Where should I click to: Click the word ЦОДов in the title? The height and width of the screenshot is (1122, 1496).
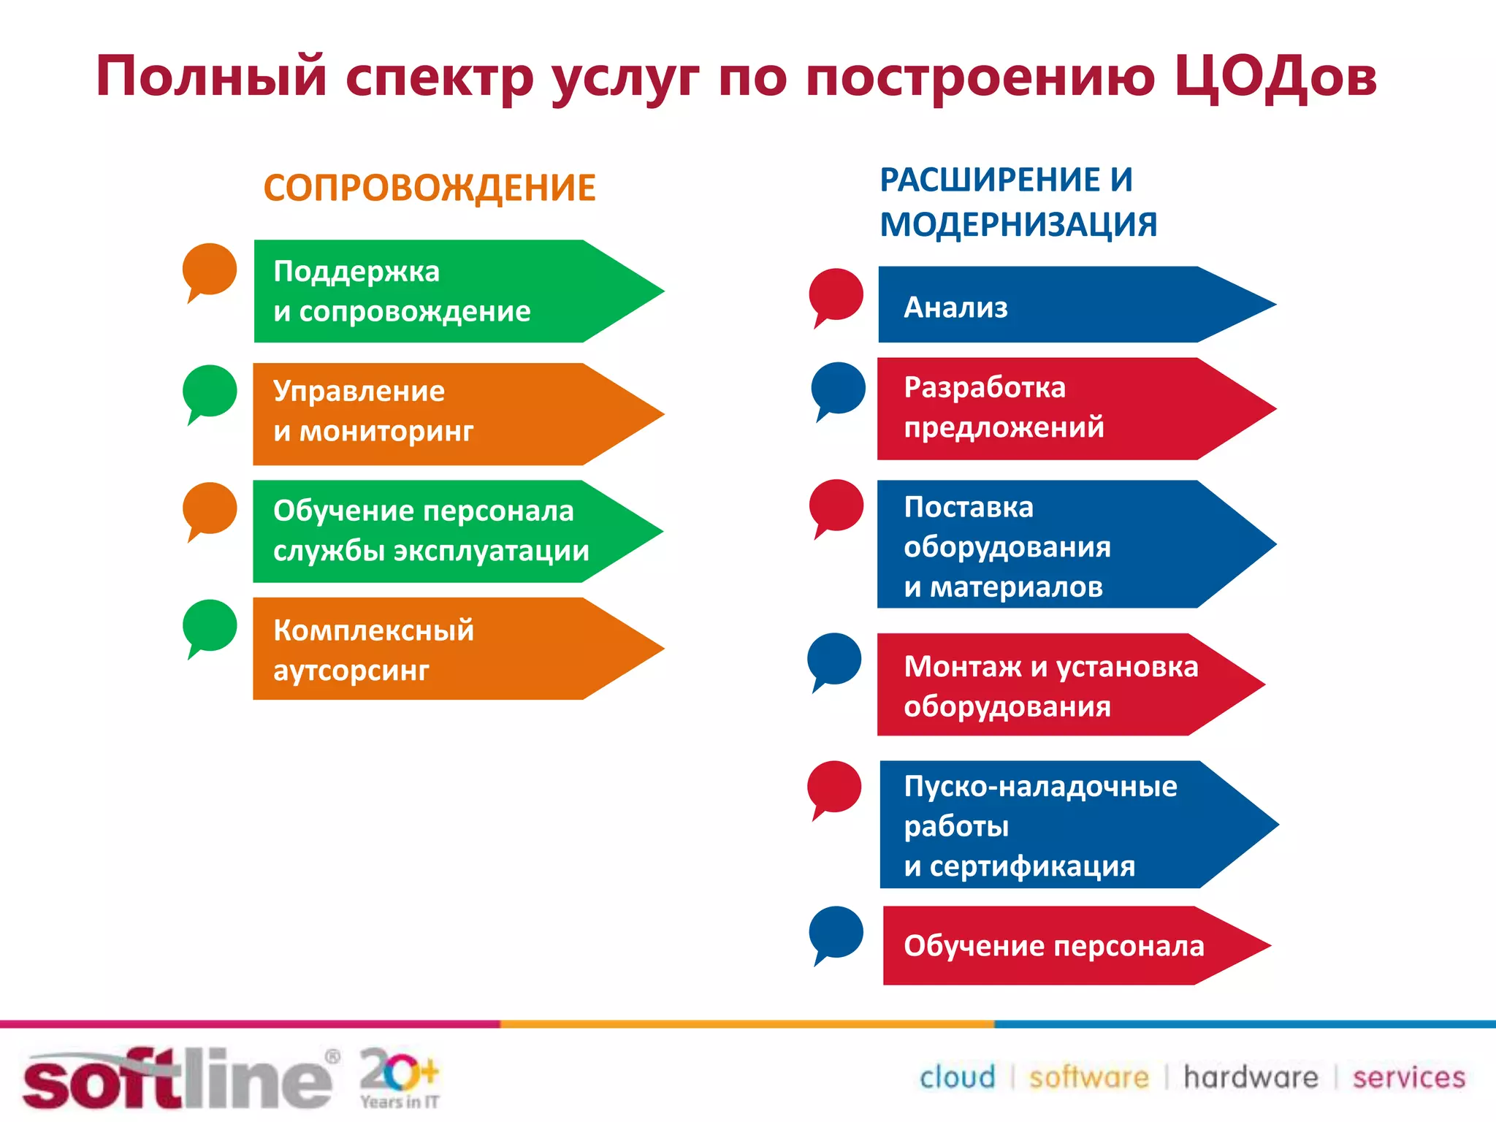point(1275,77)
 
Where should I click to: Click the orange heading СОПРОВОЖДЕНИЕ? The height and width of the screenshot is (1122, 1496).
point(430,188)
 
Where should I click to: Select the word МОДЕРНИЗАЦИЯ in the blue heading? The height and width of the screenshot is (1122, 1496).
point(1018,224)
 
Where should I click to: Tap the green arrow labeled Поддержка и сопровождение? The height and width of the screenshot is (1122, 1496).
point(438,291)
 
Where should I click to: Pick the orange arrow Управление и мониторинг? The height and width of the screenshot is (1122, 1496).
point(438,413)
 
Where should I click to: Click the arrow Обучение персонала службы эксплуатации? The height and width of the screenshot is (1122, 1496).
point(438,531)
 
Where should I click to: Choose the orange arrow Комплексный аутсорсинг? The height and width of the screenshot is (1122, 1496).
point(438,649)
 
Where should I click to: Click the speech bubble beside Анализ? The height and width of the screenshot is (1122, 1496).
point(836,295)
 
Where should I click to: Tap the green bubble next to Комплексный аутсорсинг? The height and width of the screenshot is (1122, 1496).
point(210,626)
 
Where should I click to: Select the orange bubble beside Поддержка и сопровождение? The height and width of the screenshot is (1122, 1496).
point(210,270)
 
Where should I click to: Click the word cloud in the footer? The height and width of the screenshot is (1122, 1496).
point(957,1077)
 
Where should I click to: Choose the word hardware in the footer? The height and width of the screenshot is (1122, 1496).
point(1251,1077)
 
